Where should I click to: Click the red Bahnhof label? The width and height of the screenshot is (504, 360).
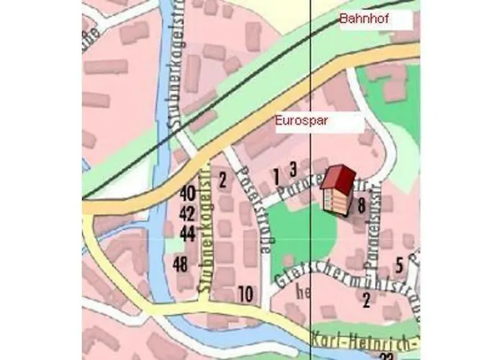pyautogui.click(x=364, y=20)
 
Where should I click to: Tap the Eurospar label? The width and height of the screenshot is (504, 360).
pyautogui.click(x=302, y=121)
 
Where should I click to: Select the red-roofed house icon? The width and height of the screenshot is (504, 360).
pyautogui.click(x=337, y=189)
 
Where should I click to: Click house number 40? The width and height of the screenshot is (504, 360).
pyautogui.click(x=187, y=193)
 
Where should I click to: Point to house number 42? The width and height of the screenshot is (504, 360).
pyautogui.click(x=187, y=213)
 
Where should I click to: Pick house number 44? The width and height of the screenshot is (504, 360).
pyautogui.click(x=187, y=233)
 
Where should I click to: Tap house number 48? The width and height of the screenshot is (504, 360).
pyautogui.click(x=181, y=264)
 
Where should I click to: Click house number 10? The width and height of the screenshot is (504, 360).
pyautogui.click(x=246, y=293)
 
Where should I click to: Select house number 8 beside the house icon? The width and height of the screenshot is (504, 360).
pyautogui.click(x=361, y=206)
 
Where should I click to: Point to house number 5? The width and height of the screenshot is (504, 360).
pyautogui.click(x=398, y=264)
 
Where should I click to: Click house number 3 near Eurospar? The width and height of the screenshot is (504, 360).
pyautogui.click(x=293, y=169)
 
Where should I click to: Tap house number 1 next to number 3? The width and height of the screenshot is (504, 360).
pyautogui.click(x=276, y=174)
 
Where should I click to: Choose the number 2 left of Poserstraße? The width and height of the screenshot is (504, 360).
pyautogui.click(x=223, y=179)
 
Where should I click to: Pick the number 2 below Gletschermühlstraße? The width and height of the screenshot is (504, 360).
pyautogui.click(x=366, y=300)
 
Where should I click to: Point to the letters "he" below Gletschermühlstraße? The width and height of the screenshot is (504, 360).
pyautogui.click(x=303, y=293)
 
